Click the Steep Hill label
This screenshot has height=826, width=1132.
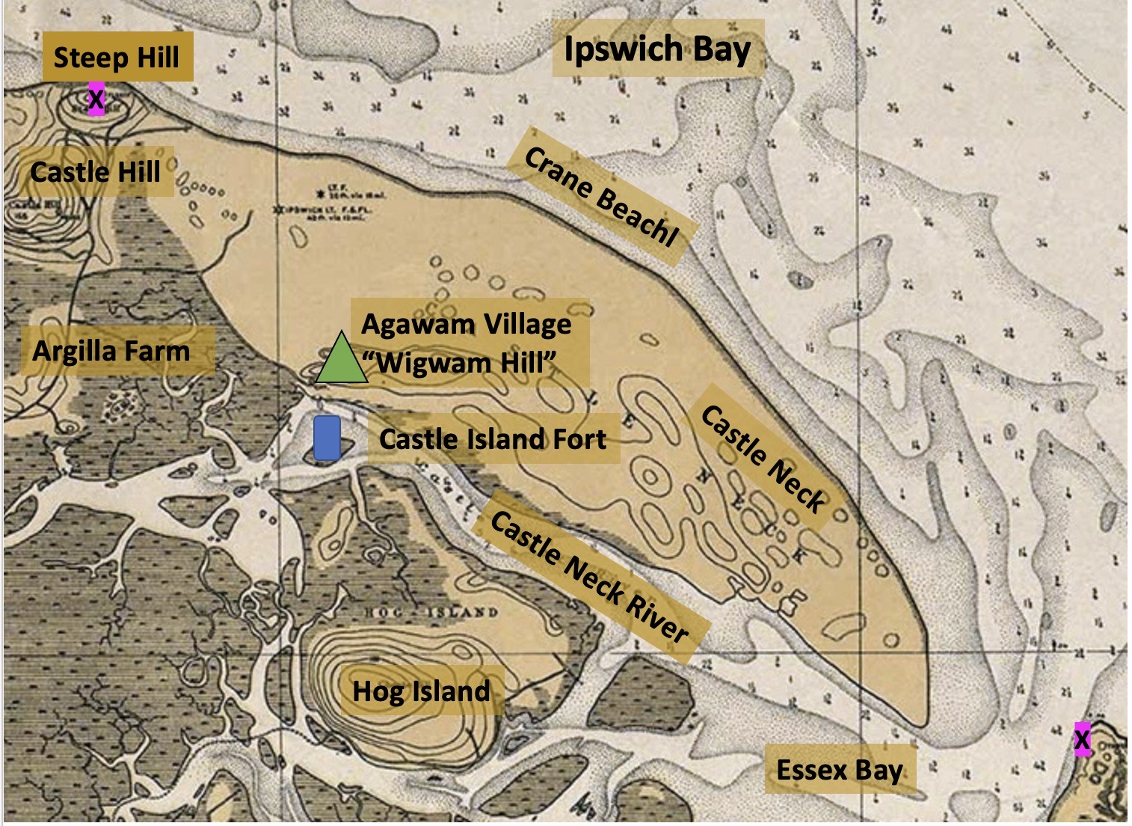(x=117, y=58)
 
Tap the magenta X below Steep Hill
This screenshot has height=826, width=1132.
(x=96, y=100)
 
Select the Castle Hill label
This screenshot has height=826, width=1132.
(x=96, y=172)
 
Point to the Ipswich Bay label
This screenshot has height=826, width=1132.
(x=656, y=49)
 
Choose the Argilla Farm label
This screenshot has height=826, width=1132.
(x=111, y=350)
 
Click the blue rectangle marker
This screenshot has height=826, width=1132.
(x=327, y=438)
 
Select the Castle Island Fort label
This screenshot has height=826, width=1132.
(x=492, y=438)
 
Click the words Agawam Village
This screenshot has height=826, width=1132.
(x=467, y=325)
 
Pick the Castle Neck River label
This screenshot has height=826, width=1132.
(x=588, y=578)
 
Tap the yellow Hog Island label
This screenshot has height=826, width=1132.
(x=421, y=691)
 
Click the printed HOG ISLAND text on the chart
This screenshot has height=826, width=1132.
(x=431, y=612)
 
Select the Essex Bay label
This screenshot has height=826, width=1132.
(x=840, y=769)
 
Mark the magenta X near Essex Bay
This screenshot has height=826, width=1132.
(x=1082, y=739)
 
